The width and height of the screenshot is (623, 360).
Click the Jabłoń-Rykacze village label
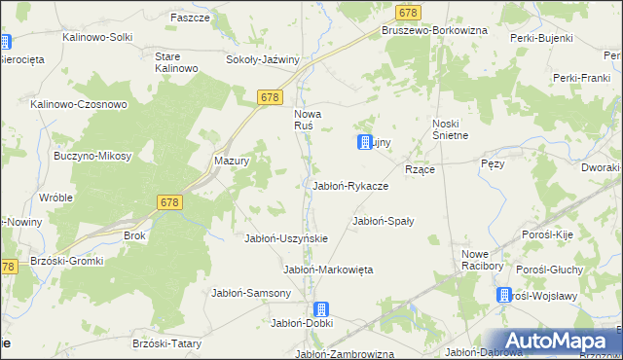[349, 185]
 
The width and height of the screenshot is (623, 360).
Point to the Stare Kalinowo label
[176, 62]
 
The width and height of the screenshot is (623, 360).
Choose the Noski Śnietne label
[451, 129]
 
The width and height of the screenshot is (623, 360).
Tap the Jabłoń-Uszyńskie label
[285, 238]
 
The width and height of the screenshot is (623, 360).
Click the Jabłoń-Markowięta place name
[328, 269]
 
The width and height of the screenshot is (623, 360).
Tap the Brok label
[134, 236]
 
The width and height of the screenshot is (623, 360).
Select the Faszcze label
[190, 18]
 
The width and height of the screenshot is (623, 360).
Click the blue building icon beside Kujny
[365, 142]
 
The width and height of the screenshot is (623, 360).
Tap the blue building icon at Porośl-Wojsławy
[504, 295]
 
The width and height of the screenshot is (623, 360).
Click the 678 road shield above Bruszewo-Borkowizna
[409, 12]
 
